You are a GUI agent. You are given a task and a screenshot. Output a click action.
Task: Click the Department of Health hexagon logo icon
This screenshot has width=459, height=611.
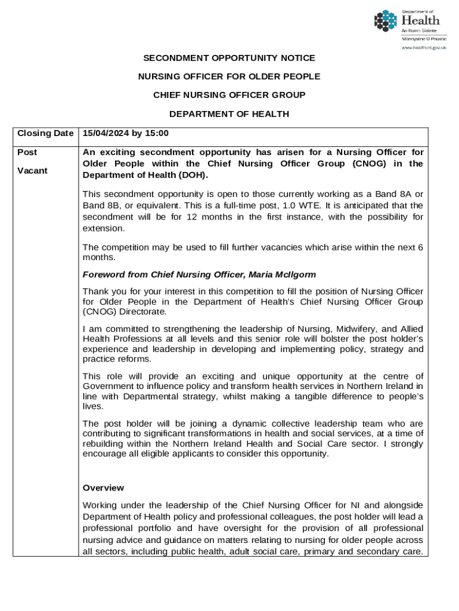pyautogui.click(x=385, y=21)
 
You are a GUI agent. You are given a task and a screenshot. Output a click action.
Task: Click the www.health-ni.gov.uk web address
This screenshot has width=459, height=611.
pyautogui.click(x=424, y=48)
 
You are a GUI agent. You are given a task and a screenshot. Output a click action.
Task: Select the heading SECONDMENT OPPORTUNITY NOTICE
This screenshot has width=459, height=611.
pyautogui.click(x=229, y=58)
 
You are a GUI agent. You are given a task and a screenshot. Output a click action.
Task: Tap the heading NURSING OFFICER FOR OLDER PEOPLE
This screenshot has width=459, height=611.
pyautogui.click(x=229, y=76)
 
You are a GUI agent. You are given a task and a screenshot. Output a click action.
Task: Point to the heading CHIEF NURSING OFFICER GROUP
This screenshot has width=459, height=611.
pyautogui.click(x=229, y=95)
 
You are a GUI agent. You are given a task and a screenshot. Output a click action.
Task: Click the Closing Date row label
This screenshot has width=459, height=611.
pyautogui.click(x=45, y=133)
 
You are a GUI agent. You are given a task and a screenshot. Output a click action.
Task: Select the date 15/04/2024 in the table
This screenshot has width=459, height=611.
pyautogui.click(x=105, y=133)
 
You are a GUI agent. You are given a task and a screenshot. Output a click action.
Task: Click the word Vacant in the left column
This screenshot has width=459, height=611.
pyautogui.click(x=32, y=171)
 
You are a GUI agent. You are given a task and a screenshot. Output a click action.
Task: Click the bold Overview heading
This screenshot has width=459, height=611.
pyautogui.click(x=103, y=487)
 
